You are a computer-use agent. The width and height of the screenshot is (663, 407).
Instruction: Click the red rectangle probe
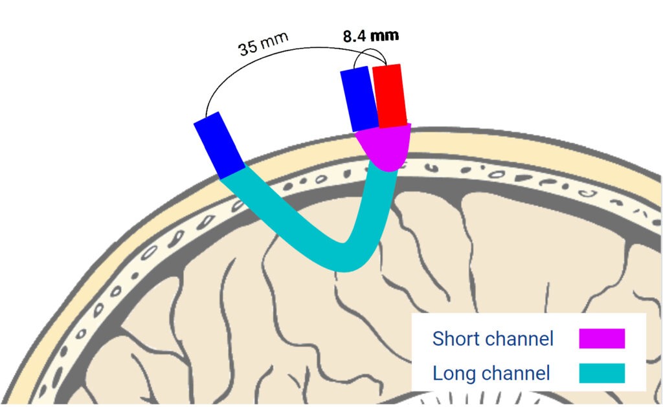(390, 96)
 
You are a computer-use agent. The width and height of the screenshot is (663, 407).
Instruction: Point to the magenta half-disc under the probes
(384, 146)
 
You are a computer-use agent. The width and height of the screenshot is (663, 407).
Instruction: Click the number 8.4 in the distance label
(354, 36)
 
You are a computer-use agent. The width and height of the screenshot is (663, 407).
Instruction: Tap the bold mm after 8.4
(384, 35)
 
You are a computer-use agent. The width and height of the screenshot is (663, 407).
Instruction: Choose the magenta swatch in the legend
(601, 338)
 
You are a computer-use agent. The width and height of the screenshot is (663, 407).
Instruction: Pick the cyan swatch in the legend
(601, 373)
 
